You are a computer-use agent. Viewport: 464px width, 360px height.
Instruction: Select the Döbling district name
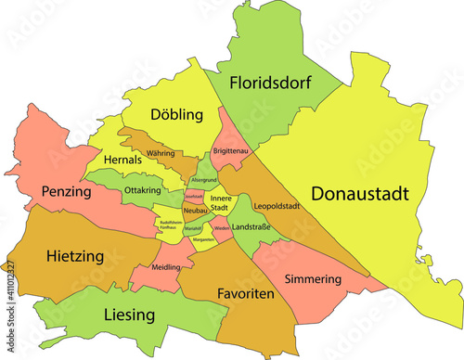175,115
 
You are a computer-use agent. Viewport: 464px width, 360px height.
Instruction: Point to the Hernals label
123,160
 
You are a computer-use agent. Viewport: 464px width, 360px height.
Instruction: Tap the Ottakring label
142,189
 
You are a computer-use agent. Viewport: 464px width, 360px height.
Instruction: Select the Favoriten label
244,293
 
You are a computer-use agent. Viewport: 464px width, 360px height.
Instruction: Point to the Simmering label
314,278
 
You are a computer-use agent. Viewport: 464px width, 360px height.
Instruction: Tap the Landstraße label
251,226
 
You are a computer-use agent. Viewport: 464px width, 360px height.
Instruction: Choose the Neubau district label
194,212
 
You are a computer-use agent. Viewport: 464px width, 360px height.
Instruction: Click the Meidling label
166,267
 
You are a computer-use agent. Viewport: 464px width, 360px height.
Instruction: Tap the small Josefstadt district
193,197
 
